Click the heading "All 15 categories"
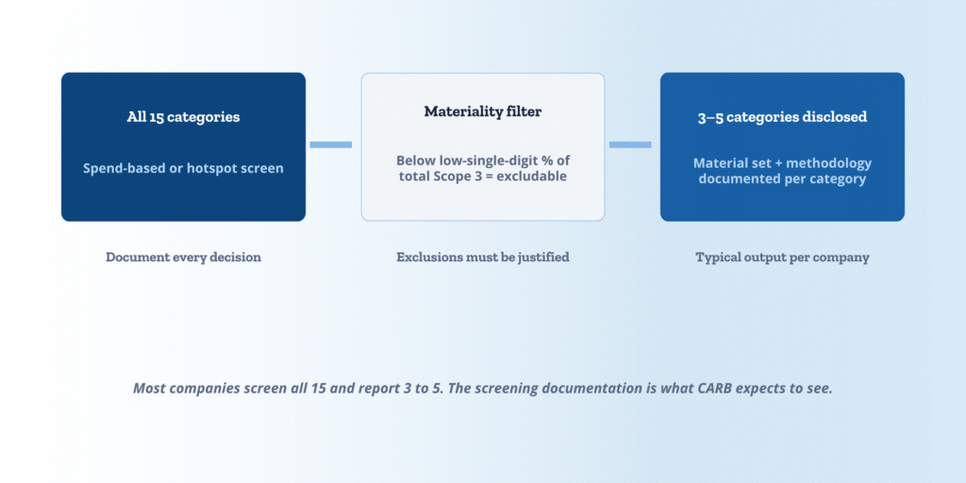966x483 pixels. pyautogui.click(x=183, y=117)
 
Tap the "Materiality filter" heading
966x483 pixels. pyautogui.click(x=482, y=111)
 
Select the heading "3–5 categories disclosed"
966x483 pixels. pyautogui.click(x=782, y=117)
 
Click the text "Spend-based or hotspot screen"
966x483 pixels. pyautogui.click(x=183, y=168)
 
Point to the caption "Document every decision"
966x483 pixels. pyautogui.click(x=183, y=257)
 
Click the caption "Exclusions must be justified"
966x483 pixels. pyautogui.click(x=482, y=257)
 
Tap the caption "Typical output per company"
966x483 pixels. pyautogui.click(x=782, y=257)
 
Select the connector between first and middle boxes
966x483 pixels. pyautogui.click(x=331, y=144)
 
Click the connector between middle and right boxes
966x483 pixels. pyautogui.click(x=630, y=144)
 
